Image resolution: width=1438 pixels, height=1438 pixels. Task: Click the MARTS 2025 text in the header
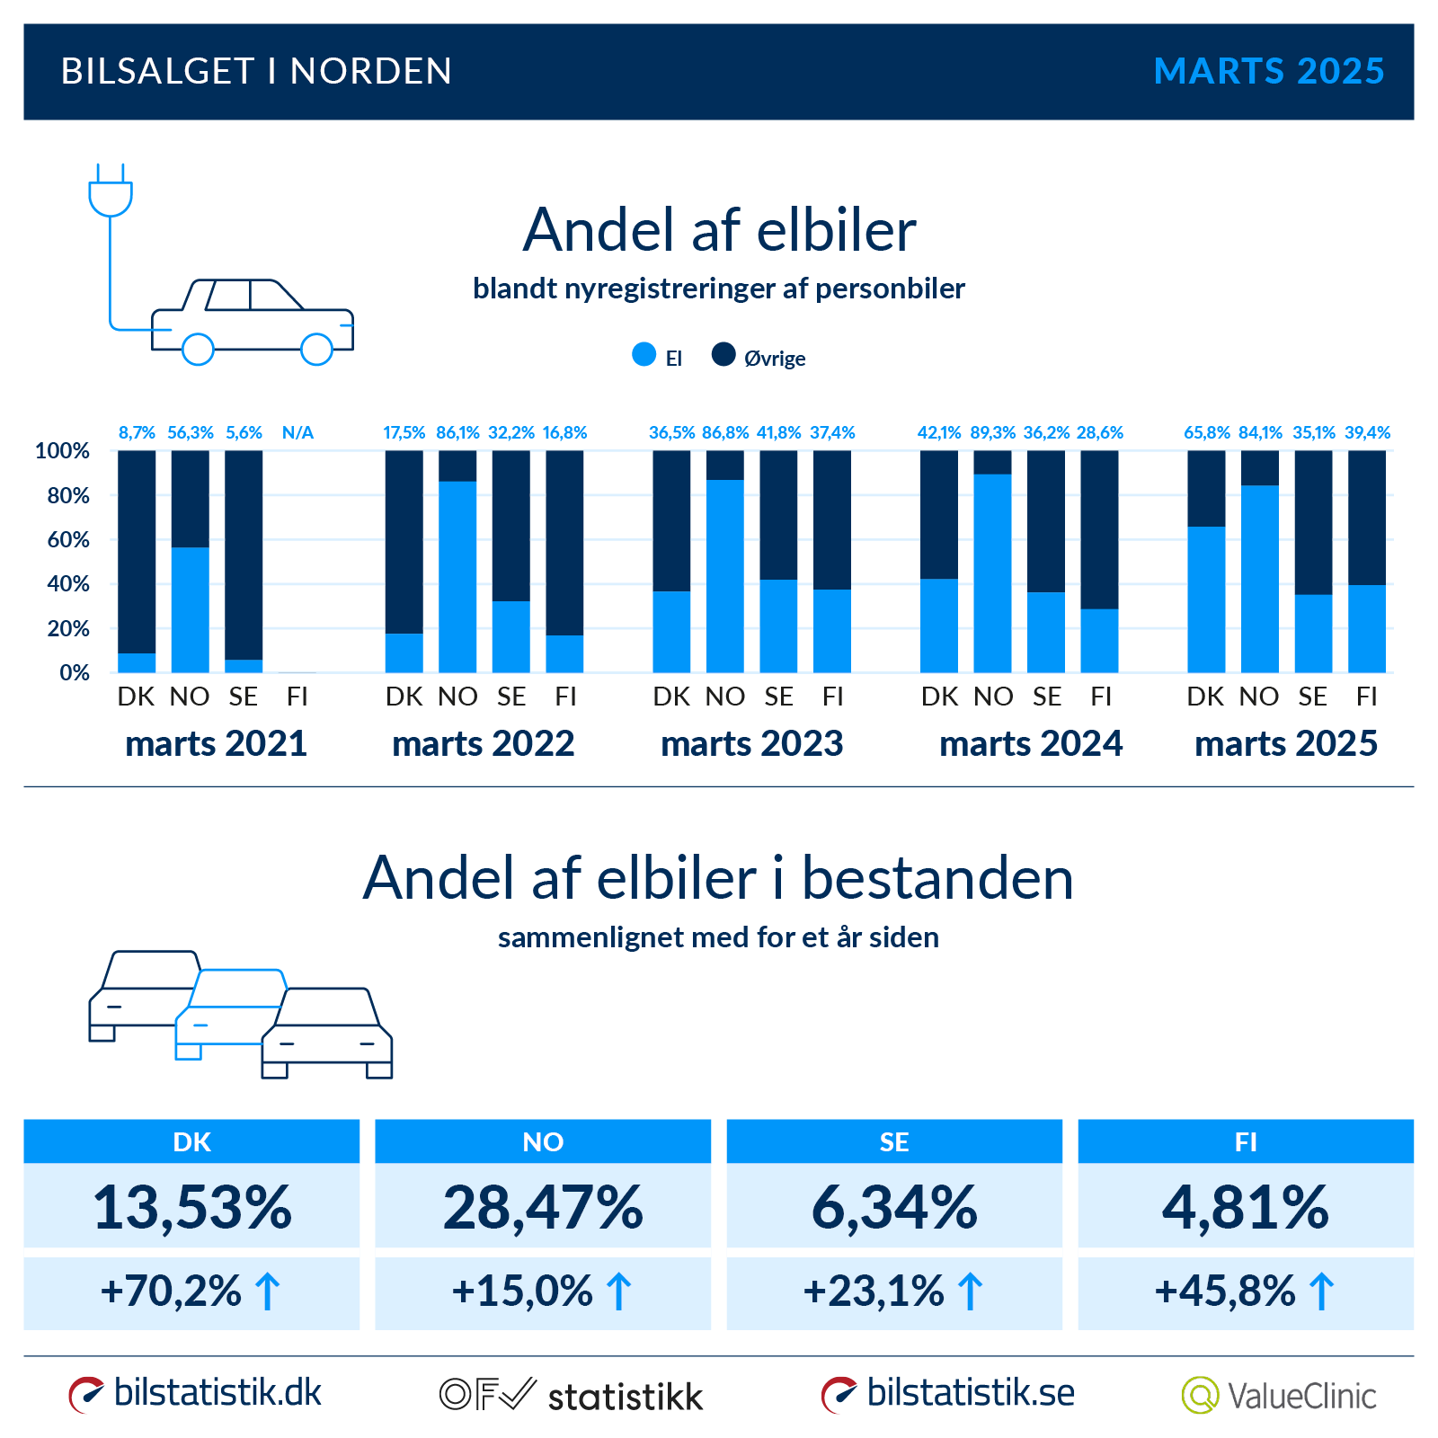[x=1268, y=71]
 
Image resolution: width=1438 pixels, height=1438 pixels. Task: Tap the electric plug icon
[x=111, y=191]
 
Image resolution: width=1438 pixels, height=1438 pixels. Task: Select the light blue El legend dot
[x=644, y=355]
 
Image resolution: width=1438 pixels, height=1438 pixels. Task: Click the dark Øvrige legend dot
[x=723, y=355]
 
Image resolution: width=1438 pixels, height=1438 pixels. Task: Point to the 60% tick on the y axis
[x=68, y=539]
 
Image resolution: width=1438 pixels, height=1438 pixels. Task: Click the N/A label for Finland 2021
[x=297, y=432]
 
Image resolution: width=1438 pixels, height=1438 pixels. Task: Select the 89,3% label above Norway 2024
[x=992, y=432]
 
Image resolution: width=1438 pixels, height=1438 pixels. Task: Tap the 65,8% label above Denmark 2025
[x=1206, y=432]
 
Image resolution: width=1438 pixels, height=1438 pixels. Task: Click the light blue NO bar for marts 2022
[x=457, y=577]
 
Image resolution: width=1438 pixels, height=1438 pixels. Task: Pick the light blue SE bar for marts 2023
[x=778, y=626]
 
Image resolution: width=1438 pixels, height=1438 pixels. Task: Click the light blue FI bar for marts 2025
[x=1366, y=629]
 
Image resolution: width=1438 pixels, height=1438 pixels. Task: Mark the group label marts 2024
[x=1030, y=743]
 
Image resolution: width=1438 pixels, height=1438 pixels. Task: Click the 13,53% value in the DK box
[x=191, y=1206]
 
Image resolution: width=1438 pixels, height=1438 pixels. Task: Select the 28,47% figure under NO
[x=543, y=1206]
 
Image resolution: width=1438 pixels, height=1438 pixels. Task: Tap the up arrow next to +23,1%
[x=970, y=1292]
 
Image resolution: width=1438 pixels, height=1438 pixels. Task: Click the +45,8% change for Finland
[x=1225, y=1292]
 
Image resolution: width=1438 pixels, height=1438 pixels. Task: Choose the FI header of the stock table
[x=1245, y=1141]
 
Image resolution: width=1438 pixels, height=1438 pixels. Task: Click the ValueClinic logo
[x=1279, y=1395]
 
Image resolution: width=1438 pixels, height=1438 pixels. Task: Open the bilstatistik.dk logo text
[x=217, y=1393]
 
